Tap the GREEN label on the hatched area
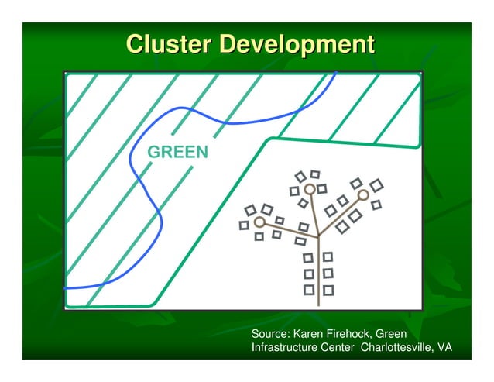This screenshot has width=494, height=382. [x=178, y=152]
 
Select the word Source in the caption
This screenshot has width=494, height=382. [x=270, y=334]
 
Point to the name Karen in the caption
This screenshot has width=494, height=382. [x=314, y=334]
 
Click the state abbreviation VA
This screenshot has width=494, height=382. [x=444, y=348]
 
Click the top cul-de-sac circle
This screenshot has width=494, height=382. [x=310, y=189]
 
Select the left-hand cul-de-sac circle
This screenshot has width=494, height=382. [x=259, y=222]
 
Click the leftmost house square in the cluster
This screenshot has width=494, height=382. [x=244, y=225]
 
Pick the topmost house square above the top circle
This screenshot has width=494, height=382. [x=315, y=174]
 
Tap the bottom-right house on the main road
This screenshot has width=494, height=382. [x=328, y=291]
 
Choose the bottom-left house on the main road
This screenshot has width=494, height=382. [x=308, y=291]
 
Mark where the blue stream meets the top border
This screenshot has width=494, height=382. [x=336, y=72]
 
